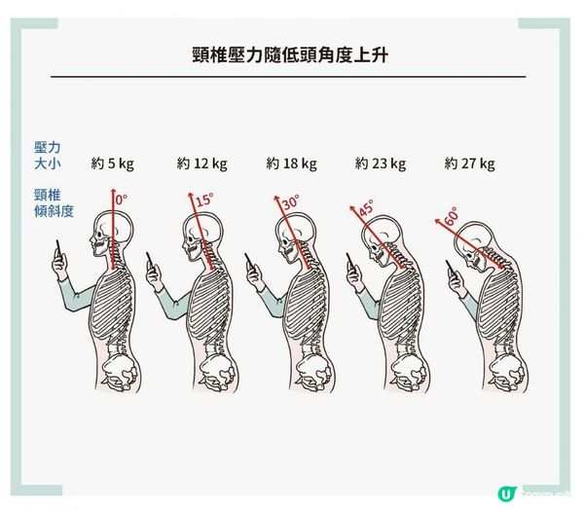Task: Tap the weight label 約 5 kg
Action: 112,164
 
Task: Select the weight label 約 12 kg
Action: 201,164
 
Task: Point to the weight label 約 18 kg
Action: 291,164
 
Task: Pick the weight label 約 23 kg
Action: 381,164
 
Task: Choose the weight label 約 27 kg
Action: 469,164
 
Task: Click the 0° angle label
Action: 122,200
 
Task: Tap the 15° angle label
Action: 203,202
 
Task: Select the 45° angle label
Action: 366,208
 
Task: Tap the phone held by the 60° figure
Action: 455,273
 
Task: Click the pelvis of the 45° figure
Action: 399,370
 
